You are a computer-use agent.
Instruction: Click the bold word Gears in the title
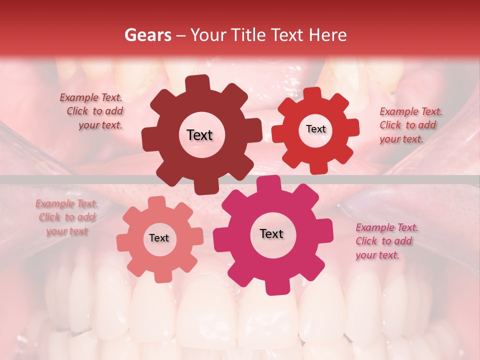coord(147,35)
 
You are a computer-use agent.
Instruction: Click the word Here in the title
coord(329,35)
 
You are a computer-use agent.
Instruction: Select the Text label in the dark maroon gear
coord(199,135)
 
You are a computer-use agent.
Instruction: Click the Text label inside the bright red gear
coord(315,129)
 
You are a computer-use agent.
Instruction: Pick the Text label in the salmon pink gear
coord(159,238)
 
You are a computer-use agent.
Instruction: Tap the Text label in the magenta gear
coord(271,233)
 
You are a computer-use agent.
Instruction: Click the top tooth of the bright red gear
coord(312,94)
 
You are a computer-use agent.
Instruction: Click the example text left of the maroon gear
coord(93,111)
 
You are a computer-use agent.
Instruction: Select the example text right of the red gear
coord(410,125)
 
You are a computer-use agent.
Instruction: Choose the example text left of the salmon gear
coord(67,217)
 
